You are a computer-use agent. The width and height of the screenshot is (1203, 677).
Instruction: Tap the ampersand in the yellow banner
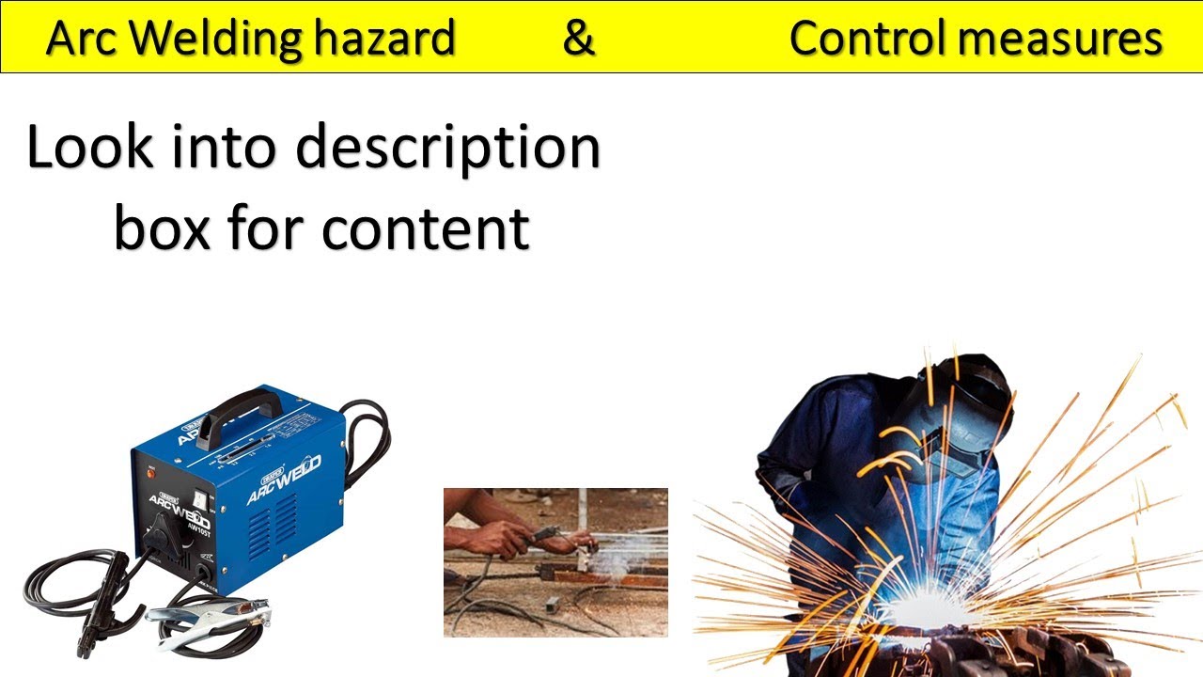coord(579,39)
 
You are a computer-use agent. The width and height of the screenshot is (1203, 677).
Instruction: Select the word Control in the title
coord(867,39)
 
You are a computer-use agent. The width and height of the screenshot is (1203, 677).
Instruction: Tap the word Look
coord(86,149)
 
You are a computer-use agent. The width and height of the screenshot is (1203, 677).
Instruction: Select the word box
coord(162,228)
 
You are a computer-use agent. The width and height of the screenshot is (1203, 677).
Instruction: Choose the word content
coord(426,228)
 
